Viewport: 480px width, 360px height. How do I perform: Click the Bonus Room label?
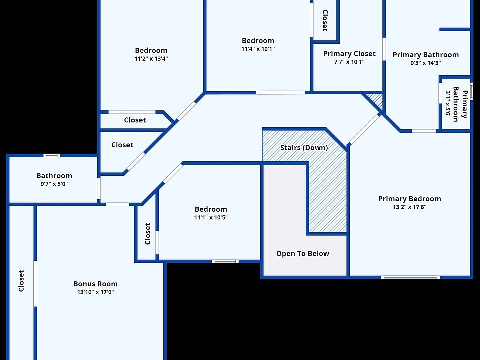tap(95, 284)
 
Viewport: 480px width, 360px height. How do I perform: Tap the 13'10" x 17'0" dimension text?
tap(95, 292)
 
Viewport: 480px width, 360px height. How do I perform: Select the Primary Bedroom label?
tap(409, 199)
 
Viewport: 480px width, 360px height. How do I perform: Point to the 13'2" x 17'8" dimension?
tap(409, 207)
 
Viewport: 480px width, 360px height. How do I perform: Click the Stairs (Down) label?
tap(304, 148)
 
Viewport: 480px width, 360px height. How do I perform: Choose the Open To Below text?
tap(303, 253)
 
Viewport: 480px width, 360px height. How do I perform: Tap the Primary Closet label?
tap(349, 54)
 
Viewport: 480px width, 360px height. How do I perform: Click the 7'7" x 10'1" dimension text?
tap(349, 62)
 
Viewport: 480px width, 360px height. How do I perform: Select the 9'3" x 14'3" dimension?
tap(425, 63)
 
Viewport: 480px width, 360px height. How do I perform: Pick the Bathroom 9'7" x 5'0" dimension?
tap(54, 184)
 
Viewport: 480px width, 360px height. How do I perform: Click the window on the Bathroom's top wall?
tap(51, 155)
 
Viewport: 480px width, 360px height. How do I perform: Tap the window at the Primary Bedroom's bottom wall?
tap(410, 277)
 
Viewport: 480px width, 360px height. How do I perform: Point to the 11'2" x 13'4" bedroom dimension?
tap(151, 58)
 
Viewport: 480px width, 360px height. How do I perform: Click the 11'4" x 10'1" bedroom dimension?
tap(258, 49)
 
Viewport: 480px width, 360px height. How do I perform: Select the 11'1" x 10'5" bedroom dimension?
tap(211, 217)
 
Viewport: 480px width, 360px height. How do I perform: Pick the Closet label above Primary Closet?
tap(325, 20)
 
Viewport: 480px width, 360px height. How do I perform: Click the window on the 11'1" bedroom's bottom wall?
tap(225, 261)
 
